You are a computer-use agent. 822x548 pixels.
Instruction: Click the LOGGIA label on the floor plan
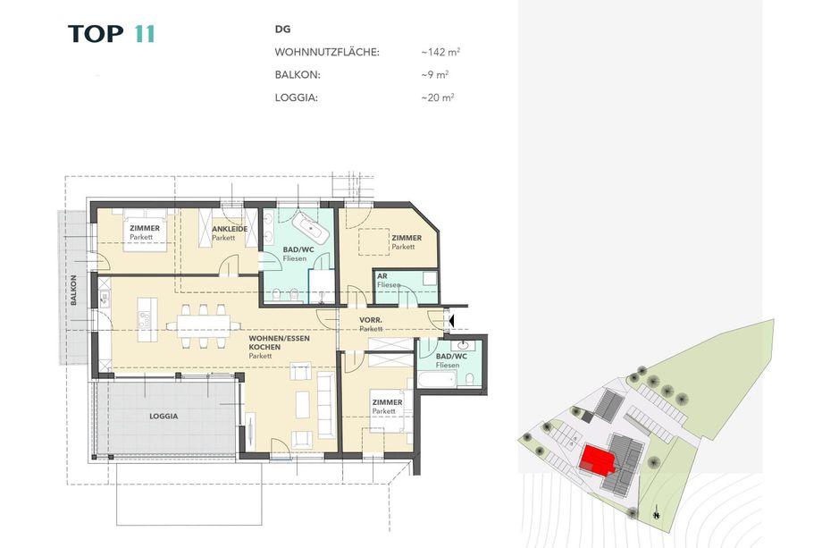point(164,416)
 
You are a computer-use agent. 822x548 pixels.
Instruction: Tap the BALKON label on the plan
point(73,290)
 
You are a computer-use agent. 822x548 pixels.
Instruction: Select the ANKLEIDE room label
point(230,229)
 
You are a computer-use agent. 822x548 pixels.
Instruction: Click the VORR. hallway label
point(371,320)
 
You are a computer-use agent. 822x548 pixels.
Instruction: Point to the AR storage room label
point(382,276)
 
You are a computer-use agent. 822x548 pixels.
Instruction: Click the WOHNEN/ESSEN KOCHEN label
point(279,342)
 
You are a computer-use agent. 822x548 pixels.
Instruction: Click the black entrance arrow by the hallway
point(451,319)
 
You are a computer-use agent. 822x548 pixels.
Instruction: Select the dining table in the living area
point(204,325)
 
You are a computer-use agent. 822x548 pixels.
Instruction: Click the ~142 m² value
point(440,52)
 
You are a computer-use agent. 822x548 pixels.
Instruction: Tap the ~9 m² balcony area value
point(434,74)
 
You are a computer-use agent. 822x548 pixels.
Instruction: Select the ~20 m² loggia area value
point(438,97)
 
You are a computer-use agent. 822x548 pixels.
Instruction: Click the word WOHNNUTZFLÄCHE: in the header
point(327,52)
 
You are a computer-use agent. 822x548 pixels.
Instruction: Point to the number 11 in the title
point(145,34)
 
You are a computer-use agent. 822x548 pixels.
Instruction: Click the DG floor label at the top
point(282,30)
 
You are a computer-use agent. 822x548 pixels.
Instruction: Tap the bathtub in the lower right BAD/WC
point(438,379)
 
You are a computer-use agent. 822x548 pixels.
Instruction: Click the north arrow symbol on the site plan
point(657,513)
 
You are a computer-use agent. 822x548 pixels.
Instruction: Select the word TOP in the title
point(96,34)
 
